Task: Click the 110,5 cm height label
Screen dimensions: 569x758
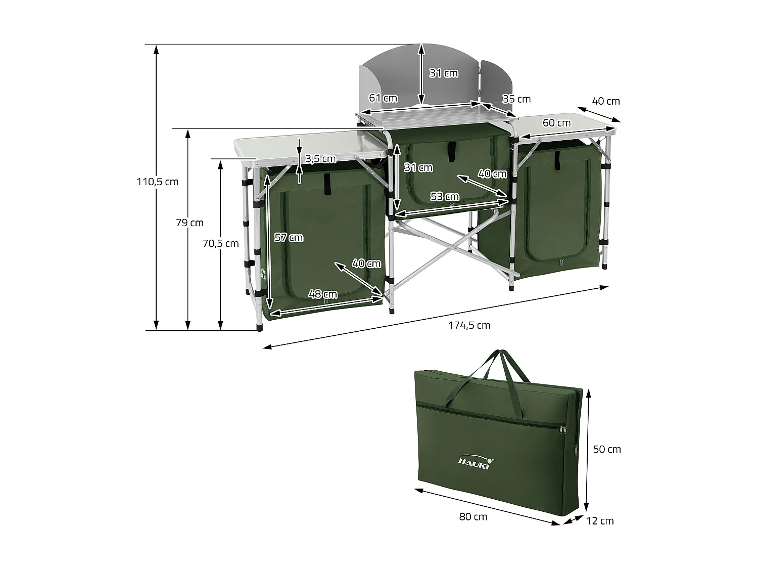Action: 157,182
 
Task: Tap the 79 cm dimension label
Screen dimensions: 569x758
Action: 189,223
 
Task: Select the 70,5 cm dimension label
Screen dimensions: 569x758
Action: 220,243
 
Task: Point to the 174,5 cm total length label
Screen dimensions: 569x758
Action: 469,325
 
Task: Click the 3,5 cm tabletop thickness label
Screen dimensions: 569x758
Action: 320,159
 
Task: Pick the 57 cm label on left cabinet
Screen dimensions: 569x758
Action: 288,238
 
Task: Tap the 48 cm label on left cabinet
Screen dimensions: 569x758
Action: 323,294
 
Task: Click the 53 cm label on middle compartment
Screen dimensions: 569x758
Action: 445,197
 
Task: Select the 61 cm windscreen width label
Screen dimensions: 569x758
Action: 383,98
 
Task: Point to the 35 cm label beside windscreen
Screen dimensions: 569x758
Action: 516,99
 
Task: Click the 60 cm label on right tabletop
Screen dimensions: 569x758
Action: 556,123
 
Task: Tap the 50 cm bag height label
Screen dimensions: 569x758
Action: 606,449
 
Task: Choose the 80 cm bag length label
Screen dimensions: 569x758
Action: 473,516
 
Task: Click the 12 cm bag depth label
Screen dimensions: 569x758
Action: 600,520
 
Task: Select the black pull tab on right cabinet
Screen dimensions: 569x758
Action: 558,160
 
